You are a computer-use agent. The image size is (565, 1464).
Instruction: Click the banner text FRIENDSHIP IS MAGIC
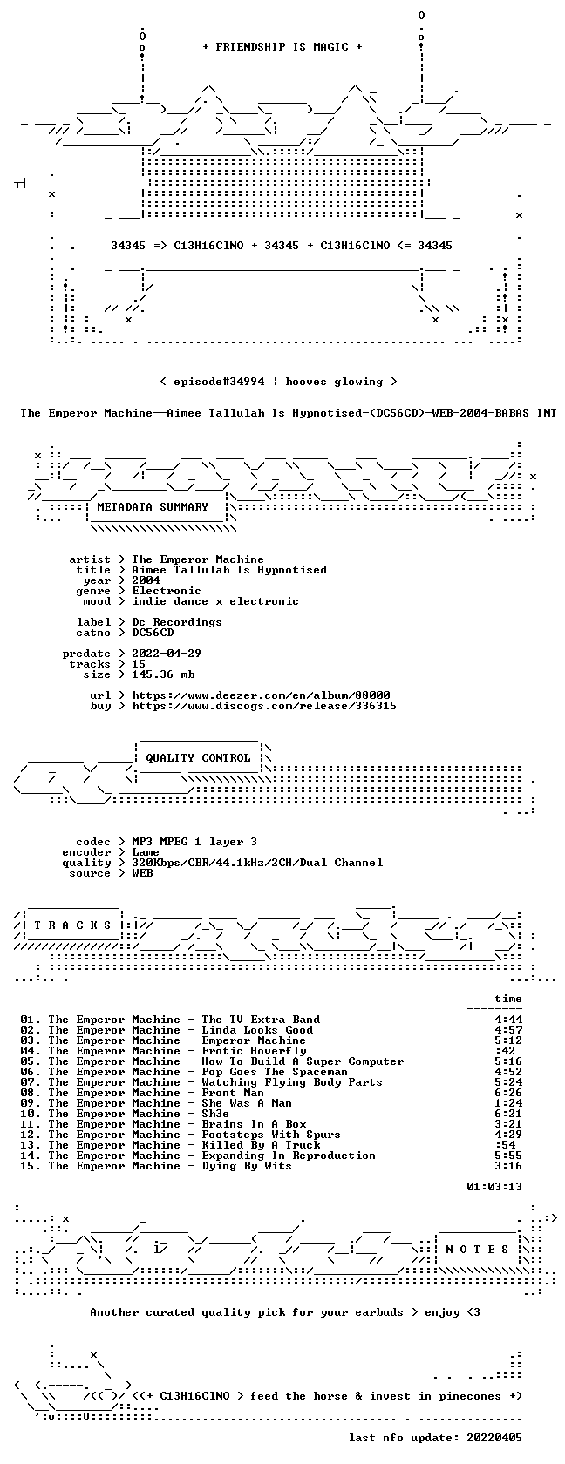[x=282, y=47]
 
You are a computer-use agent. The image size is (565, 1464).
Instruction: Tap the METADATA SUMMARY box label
[x=153, y=507]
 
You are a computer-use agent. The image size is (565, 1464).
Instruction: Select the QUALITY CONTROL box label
[x=198, y=758]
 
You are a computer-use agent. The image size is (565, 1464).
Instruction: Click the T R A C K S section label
[x=72, y=925]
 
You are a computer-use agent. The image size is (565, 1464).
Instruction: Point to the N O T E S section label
[x=477, y=1250]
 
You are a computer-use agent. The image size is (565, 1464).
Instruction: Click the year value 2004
[x=146, y=580]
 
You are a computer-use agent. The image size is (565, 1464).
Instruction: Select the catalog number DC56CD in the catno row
[x=153, y=633]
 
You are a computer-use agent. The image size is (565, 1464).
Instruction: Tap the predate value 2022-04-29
[x=167, y=654]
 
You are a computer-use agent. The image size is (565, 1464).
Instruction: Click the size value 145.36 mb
[x=164, y=674]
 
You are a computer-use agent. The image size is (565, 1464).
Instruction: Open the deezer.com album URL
[x=261, y=695]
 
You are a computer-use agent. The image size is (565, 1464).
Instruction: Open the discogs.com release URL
[x=264, y=706]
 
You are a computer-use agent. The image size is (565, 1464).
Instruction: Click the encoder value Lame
[x=146, y=852]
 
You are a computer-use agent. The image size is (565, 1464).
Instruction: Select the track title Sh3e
[x=215, y=1114]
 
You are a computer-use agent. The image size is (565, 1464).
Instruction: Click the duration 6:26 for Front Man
[x=508, y=1093]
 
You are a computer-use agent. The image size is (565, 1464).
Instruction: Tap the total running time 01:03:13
[x=494, y=1187]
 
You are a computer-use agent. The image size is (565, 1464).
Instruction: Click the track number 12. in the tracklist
[x=31, y=1135]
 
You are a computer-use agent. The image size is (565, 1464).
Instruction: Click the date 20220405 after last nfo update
[x=494, y=1438]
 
